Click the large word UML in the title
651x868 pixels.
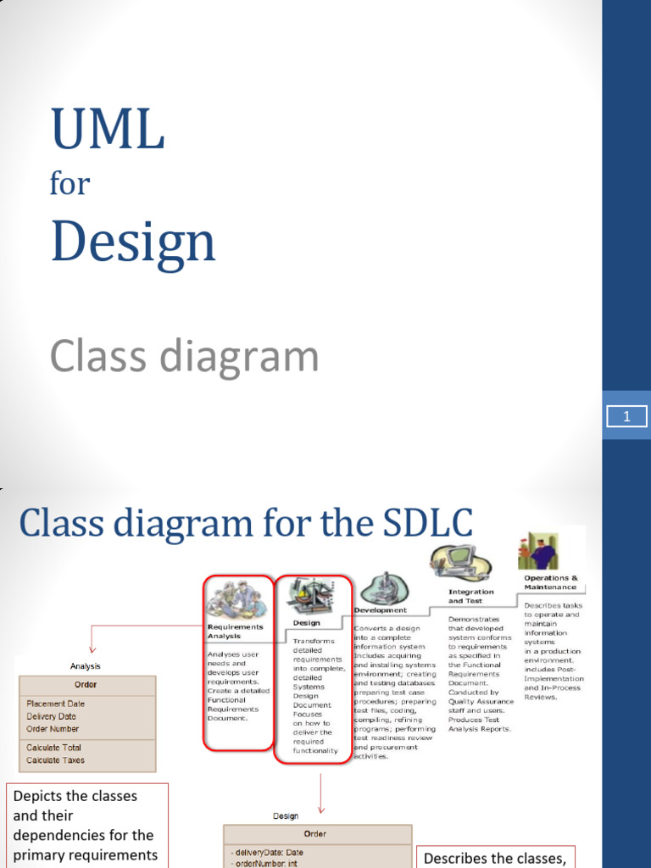107,130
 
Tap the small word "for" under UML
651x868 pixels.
70,183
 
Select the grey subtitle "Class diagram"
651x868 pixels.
184,357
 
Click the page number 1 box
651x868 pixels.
626,416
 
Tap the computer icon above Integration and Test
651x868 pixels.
459,562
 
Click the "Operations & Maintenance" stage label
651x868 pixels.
550,582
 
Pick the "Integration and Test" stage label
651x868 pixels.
471,596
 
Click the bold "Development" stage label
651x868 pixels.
381,610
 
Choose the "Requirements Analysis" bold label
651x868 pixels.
235,632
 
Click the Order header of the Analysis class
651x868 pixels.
86,685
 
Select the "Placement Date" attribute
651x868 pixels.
55,704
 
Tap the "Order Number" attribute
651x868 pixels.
53,729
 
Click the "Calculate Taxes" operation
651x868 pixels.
55,760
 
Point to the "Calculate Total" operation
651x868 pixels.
53,748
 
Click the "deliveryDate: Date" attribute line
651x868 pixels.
266,853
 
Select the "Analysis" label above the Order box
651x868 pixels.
85,666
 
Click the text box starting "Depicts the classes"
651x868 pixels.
86,825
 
